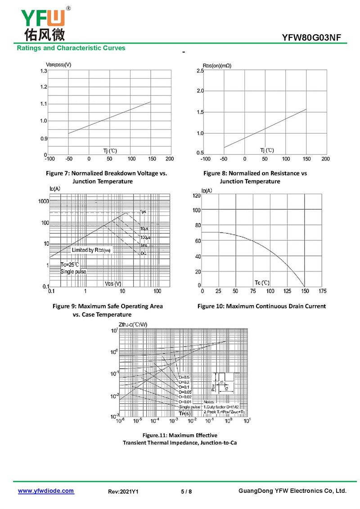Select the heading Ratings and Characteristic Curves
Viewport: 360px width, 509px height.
(71, 48)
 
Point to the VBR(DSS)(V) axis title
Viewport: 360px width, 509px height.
(58, 65)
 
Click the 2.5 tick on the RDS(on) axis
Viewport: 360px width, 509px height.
(200, 71)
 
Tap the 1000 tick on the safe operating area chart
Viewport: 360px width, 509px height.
(43, 201)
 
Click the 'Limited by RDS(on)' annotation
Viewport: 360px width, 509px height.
(91, 250)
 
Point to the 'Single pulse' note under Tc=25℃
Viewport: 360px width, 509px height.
(73, 271)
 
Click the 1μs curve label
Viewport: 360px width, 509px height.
(143, 212)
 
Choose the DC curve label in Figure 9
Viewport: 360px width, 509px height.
(143, 254)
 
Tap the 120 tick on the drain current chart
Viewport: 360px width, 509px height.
(197, 196)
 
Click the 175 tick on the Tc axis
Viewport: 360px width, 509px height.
(322, 291)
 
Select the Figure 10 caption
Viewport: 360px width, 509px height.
(261, 306)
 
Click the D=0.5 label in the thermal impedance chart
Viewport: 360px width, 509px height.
(184, 377)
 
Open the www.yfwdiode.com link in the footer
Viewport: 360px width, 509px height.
(46, 491)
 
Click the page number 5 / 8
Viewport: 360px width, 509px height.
(186, 491)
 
